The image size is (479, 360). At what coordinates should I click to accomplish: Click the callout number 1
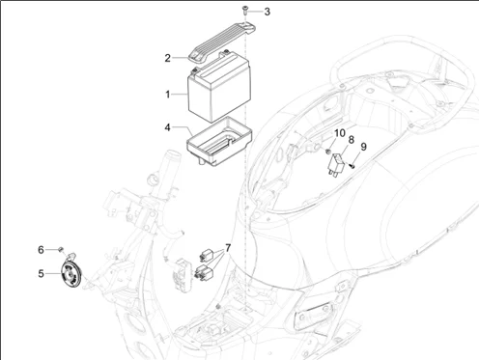click(x=167, y=95)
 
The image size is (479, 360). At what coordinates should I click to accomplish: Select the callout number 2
click(x=167, y=57)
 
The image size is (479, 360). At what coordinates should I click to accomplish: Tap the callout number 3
click(x=240, y=12)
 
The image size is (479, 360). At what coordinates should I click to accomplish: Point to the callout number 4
click(x=167, y=126)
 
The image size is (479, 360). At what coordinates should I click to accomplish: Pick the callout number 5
click(x=42, y=273)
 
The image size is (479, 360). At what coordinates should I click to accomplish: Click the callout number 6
click(x=42, y=249)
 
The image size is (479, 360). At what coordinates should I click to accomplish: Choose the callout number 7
click(x=228, y=248)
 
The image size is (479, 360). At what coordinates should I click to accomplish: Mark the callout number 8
click(x=352, y=140)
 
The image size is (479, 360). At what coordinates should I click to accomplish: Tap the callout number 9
click(x=364, y=147)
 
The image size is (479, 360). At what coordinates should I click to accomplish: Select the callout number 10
click(x=339, y=132)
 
